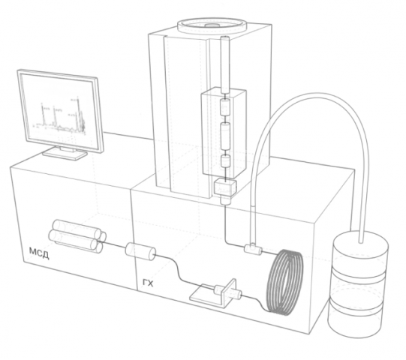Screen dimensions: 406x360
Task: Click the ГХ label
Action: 148,283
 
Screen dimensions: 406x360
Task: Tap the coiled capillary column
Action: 284,282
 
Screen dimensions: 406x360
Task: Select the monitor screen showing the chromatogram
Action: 60,111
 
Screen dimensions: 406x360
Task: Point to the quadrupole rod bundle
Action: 77,235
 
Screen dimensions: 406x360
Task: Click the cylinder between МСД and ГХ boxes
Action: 140,251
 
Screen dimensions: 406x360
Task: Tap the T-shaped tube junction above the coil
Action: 253,248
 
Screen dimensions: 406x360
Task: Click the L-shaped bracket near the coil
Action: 214,294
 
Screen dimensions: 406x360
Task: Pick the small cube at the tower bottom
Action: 225,187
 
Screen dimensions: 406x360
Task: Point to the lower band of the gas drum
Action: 355,308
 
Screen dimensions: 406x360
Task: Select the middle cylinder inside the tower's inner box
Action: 225,136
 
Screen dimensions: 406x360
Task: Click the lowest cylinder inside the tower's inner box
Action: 225,161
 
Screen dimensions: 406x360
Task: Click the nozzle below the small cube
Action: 224,200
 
